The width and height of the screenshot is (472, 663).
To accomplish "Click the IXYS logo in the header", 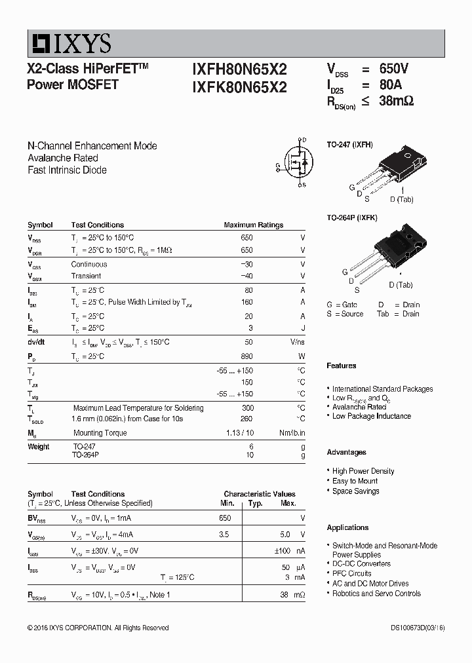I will tap(69, 43).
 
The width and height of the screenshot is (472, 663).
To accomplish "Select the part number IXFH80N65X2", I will tap(239, 69).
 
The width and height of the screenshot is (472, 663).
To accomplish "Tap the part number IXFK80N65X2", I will tap(239, 86).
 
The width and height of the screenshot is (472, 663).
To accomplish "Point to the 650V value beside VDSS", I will tap(393, 69).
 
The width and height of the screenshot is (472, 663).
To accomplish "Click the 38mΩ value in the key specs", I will tap(396, 101).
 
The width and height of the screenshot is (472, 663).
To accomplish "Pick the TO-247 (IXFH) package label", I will tap(349, 145).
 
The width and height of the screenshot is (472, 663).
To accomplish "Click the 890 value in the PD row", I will tap(246, 356).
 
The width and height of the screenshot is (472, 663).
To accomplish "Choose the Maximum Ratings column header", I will tap(253, 225).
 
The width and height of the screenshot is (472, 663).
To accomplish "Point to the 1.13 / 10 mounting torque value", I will tap(239, 433).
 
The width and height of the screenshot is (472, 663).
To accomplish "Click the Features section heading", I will tap(342, 366).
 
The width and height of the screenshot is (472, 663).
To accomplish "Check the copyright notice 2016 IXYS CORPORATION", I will tap(98, 628).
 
